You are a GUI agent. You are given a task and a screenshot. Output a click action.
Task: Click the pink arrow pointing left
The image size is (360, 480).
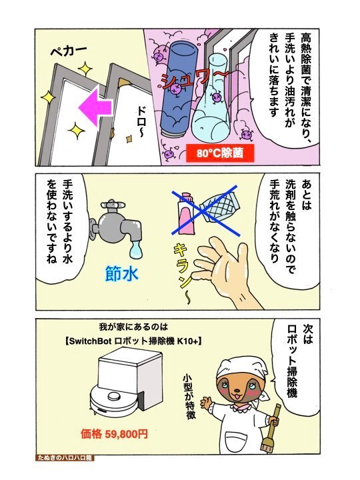point(95,106)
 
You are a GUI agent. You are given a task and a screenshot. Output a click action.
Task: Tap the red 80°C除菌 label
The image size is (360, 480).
point(220,153)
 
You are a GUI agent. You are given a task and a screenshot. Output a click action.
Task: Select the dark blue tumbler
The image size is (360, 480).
point(179,88)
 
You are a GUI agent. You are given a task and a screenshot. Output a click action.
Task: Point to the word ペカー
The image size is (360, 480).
point(69,50)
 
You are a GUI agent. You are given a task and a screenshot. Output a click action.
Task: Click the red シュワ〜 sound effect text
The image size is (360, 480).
point(192,80)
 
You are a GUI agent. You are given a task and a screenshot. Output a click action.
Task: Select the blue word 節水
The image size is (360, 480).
point(121,273)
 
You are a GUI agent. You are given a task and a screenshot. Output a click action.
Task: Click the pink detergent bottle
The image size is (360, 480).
point(187,211)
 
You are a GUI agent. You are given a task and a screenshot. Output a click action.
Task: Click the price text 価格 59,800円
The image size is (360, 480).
point(114,434)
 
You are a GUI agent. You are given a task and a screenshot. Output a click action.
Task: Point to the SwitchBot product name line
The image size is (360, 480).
point(134,341)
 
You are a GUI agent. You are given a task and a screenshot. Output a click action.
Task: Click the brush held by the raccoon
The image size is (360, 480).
point(271,427)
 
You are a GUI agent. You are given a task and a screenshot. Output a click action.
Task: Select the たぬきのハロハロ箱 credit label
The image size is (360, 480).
point(65,458)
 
